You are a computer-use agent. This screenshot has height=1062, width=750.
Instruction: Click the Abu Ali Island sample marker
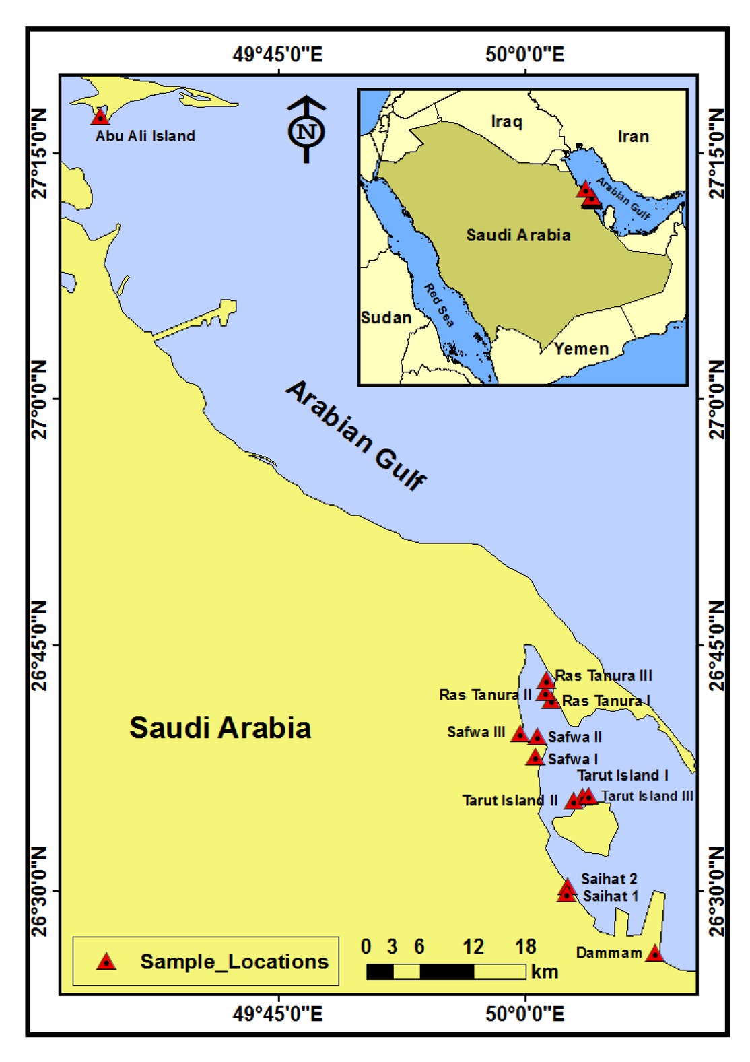pos(100,117)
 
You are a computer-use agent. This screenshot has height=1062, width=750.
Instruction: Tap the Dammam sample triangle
pos(654,954)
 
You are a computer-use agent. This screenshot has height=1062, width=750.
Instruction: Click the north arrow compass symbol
pos(307,129)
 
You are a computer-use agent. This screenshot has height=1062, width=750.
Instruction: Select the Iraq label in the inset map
pos(506,121)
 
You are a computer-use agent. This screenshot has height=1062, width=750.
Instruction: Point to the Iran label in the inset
pos(633,137)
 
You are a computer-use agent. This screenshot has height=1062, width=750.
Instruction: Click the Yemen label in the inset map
pos(581,349)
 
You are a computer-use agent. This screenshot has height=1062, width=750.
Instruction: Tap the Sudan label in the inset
pos(386,318)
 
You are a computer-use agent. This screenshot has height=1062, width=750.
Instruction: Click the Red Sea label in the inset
pos(439,305)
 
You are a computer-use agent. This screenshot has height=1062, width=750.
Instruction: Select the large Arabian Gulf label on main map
pos(356,434)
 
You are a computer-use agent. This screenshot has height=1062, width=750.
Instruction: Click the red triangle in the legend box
pos(106,962)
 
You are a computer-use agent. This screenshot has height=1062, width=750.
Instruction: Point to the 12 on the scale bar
pos(473,947)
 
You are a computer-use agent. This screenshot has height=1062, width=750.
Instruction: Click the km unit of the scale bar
pos(544,972)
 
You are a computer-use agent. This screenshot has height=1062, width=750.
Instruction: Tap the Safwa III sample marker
pos(520,734)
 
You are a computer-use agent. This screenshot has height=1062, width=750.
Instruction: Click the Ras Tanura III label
pos(603,675)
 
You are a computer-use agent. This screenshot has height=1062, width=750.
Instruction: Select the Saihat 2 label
pos(609,879)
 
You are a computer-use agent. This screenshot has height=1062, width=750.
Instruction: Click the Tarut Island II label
pos(510,801)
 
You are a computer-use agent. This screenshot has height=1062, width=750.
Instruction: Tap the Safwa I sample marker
pos(535,758)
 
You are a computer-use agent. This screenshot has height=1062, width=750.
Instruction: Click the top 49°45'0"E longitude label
pos(277,54)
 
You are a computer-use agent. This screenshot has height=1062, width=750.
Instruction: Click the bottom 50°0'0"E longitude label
pos(524,1013)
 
